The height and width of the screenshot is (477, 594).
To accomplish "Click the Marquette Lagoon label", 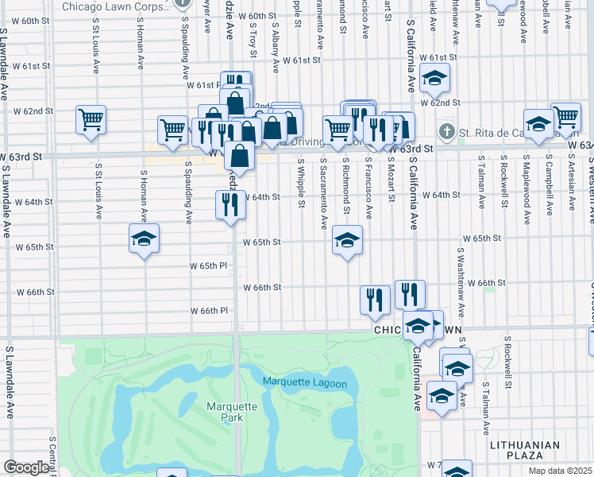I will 305,384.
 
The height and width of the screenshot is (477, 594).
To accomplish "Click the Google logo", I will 26,467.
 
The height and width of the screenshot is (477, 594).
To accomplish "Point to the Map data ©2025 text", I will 560,471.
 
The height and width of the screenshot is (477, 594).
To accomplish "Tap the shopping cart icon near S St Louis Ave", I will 91,119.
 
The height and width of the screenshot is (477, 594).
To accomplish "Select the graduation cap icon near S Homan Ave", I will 145,238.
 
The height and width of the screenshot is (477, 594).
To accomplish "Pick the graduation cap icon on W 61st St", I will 434,78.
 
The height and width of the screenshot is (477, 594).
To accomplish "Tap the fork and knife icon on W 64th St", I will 230,205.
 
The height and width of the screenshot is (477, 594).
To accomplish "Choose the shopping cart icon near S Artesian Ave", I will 566,116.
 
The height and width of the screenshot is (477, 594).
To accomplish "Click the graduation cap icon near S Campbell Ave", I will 538,123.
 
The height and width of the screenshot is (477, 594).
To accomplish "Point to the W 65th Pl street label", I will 209,266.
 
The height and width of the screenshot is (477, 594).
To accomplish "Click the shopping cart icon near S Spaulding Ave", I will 172,129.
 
